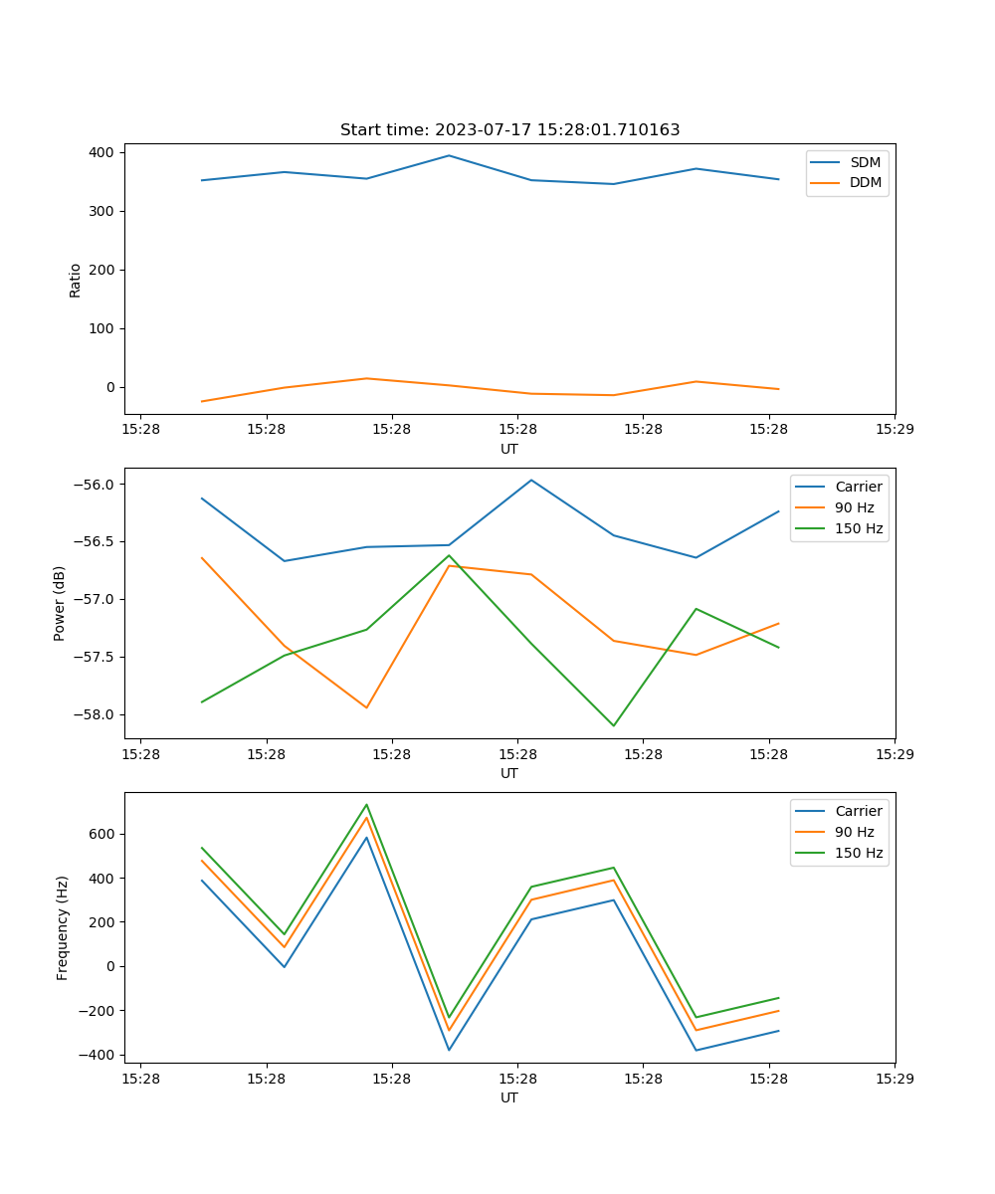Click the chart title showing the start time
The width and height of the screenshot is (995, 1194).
coord(509,130)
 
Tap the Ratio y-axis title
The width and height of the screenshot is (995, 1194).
coord(76,279)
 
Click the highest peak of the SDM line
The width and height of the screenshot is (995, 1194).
coord(449,155)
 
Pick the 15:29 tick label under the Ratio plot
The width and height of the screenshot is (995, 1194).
coord(894,430)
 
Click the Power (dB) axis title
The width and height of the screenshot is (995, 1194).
coord(60,603)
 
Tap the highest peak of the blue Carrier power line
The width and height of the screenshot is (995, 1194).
coord(531,480)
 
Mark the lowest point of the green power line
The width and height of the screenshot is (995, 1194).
coord(613,725)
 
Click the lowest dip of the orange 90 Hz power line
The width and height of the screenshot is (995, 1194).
coord(366,707)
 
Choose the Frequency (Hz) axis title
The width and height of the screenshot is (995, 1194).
coord(62,927)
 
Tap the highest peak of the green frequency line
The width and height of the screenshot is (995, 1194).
coord(366,804)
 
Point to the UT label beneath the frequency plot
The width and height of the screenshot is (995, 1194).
coord(509,1097)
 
